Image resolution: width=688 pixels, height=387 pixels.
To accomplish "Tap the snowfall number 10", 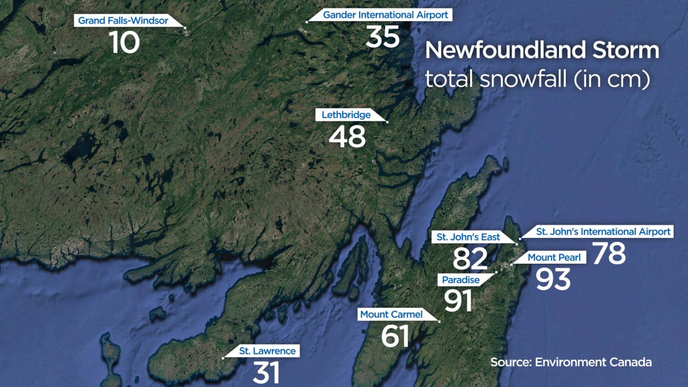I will [x=124, y=42].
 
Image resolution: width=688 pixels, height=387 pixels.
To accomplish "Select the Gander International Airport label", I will [x=385, y=15].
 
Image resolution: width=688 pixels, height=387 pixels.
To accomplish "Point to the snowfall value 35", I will [x=382, y=37].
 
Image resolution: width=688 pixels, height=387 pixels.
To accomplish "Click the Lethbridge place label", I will [x=346, y=115].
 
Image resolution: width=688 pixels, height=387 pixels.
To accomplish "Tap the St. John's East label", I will [x=468, y=237].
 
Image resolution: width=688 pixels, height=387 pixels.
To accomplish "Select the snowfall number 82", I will [x=470, y=259].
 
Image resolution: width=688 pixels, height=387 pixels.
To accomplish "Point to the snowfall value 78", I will [x=609, y=253].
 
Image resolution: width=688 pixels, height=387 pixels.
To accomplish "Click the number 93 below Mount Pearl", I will [x=553, y=279].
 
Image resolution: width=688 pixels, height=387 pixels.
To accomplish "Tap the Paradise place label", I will [x=461, y=279].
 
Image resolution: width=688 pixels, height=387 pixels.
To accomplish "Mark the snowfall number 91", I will [x=458, y=301].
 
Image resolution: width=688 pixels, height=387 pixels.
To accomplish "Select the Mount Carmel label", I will [x=391, y=314].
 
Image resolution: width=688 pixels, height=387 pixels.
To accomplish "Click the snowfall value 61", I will [x=395, y=337].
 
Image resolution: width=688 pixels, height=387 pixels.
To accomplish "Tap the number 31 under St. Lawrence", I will [x=266, y=373].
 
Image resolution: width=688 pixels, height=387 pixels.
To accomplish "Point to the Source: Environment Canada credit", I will [x=570, y=362].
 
